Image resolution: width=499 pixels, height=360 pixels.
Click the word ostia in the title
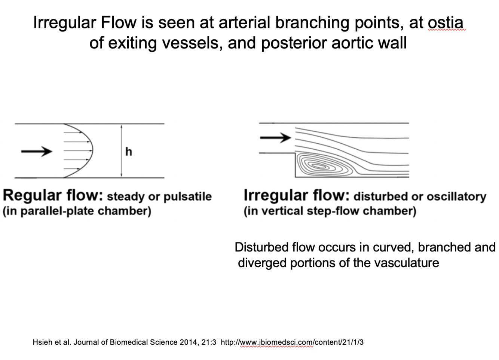446,23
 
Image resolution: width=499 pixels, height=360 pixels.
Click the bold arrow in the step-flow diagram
275,138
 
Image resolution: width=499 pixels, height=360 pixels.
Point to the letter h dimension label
129,152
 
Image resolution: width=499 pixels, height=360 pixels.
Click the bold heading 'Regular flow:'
53,195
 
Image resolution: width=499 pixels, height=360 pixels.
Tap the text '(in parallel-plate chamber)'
77,211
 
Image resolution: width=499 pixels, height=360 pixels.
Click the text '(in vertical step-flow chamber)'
330,211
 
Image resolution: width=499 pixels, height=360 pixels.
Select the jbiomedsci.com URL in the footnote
292,342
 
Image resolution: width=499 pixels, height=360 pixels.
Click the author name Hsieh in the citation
42,342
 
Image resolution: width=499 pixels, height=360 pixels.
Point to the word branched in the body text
438,247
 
